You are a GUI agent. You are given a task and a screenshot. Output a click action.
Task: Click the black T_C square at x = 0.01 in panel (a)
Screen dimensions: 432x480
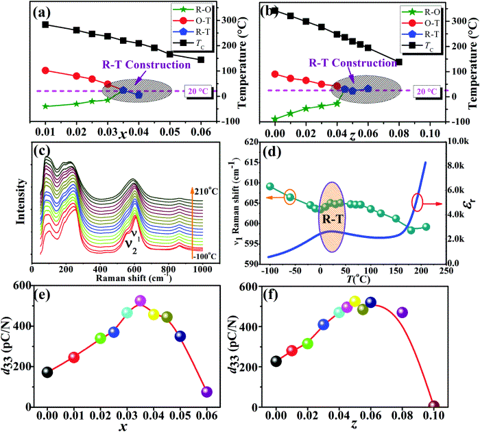click(46, 25)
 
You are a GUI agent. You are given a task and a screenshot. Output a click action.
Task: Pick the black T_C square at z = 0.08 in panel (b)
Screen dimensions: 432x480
click(399, 62)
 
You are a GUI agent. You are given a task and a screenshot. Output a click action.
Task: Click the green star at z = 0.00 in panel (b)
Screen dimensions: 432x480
click(276, 119)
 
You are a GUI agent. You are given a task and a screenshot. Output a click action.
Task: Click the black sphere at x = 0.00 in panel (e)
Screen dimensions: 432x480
click(47, 372)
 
